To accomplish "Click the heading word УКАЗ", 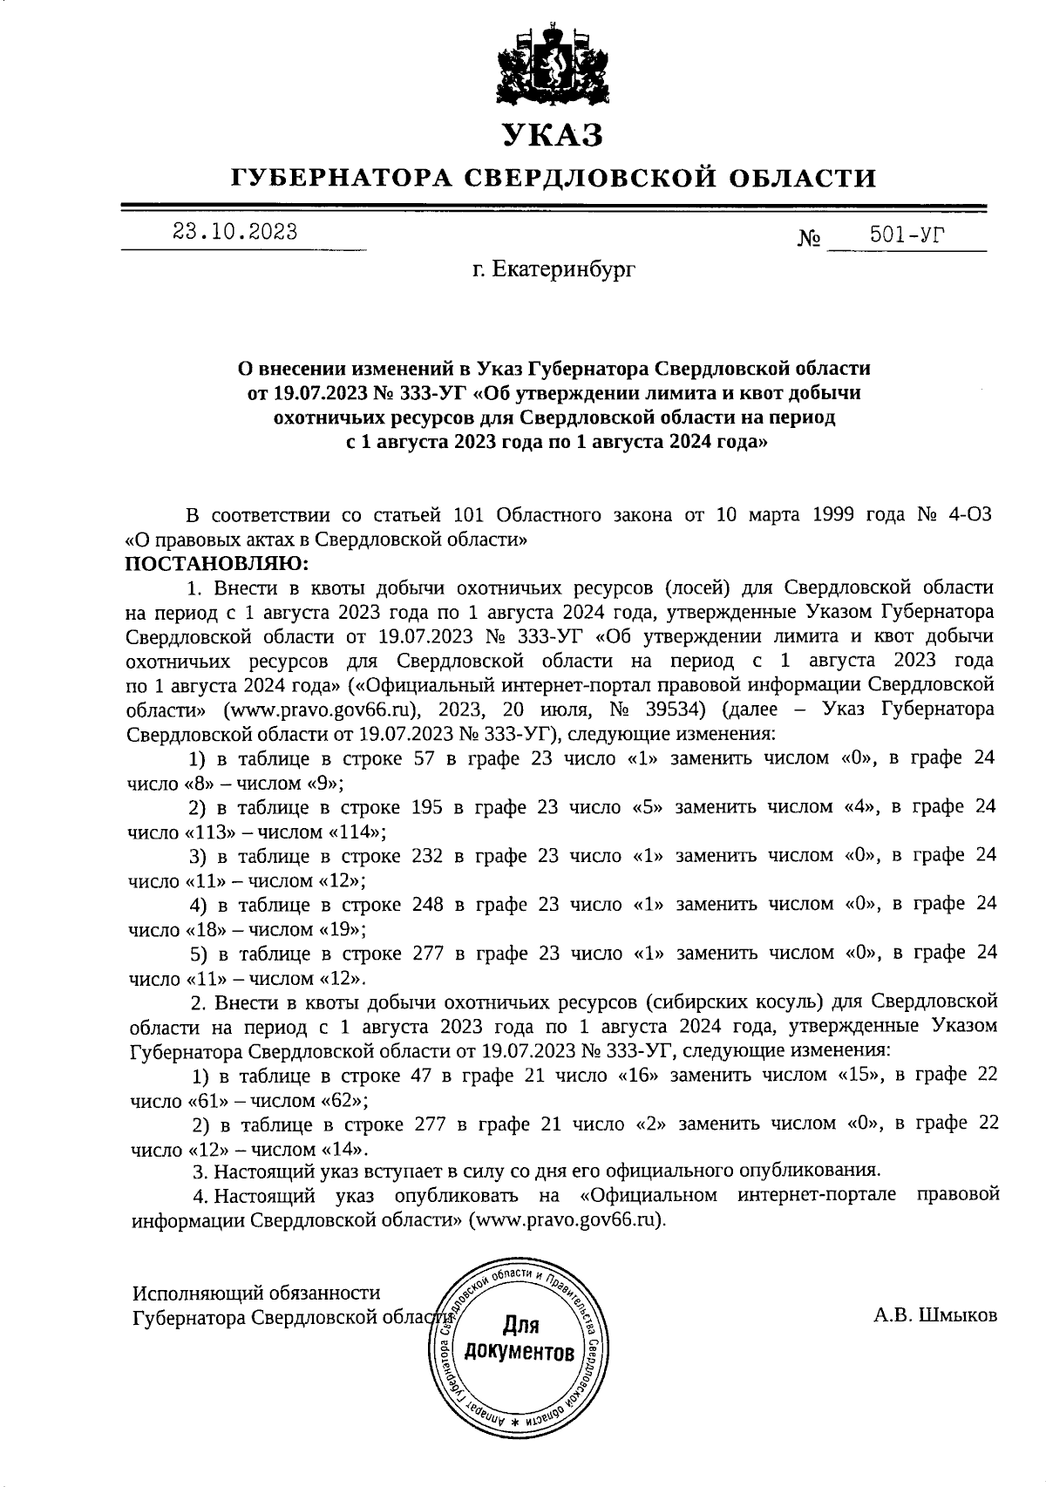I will point(552,136).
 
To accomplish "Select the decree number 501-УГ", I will point(907,234).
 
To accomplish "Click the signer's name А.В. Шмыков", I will point(935,1315).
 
